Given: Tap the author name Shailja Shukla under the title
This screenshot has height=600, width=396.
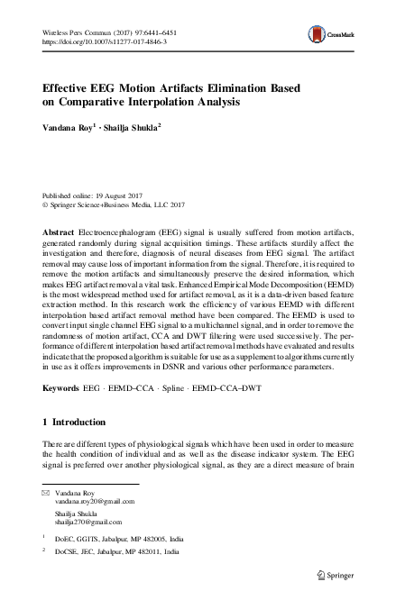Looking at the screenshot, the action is pos(134,128).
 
